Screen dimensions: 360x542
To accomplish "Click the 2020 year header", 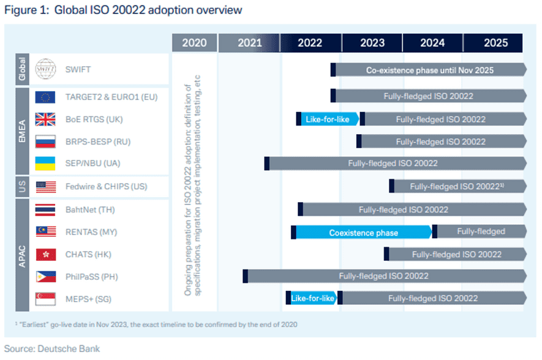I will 194,43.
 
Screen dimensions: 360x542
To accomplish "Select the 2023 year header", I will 372,43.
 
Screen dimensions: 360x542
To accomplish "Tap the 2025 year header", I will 495,43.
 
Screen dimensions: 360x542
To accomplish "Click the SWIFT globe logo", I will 45,70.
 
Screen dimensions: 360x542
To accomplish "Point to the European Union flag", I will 45,97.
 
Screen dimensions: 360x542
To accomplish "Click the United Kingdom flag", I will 45,119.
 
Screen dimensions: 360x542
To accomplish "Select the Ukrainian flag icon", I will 45,164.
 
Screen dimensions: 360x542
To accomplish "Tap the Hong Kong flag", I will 45,254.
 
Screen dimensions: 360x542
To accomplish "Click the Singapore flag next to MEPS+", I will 45,299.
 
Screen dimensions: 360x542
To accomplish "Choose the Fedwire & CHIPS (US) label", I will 107,187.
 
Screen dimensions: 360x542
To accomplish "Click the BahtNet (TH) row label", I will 90,209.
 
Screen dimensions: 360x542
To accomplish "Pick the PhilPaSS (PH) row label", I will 92,277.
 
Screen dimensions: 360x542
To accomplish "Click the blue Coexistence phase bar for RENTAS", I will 363,232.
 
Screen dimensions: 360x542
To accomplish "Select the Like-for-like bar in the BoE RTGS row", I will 327,119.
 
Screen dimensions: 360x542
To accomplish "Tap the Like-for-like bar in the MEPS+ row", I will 312,298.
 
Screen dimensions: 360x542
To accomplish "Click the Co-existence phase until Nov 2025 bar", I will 429,70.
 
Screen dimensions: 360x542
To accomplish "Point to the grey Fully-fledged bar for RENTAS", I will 481,231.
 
